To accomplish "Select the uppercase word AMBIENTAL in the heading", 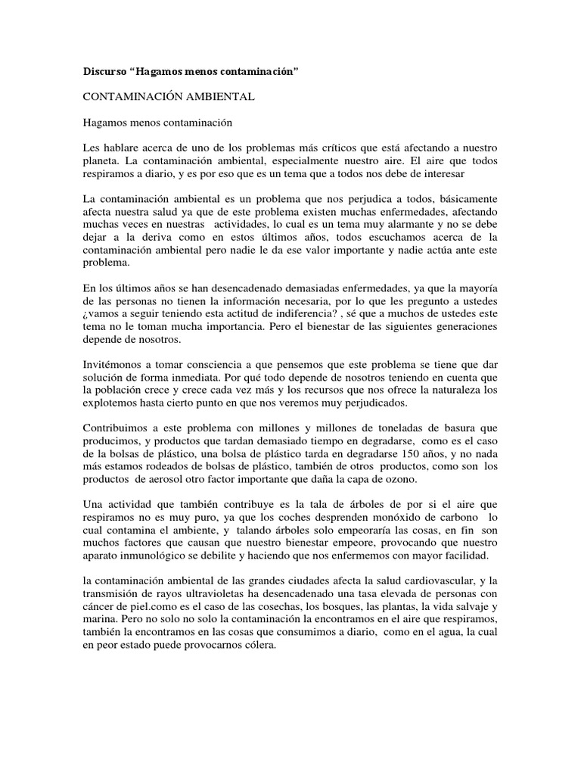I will click(x=216, y=97).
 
